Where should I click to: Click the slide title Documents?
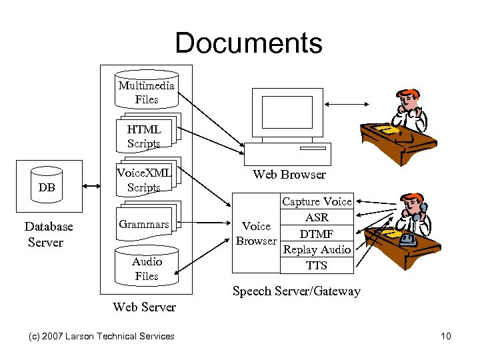tap(249, 43)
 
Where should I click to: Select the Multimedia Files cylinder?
tap(147, 93)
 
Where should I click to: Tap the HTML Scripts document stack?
tap(145, 135)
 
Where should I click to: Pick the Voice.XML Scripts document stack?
tap(145, 179)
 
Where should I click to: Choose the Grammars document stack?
tap(144, 225)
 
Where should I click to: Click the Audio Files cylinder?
tap(147, 269)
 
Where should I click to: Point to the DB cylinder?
tap(47, 187)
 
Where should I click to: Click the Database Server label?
tap(48, 234)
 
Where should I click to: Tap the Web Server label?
tap(145, 307)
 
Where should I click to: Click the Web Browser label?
tap(289, 175)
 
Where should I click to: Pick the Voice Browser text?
tap(256, 233)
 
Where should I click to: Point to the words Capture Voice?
tap(317, 201)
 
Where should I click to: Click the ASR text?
tap(317, 217)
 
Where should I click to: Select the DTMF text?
tap(317, 233)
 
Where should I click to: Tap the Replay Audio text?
tap(317, 249)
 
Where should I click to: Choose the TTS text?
tap(317, 265)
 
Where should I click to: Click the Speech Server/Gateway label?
tap(296, 291)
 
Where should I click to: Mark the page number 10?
tap(446, 336)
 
